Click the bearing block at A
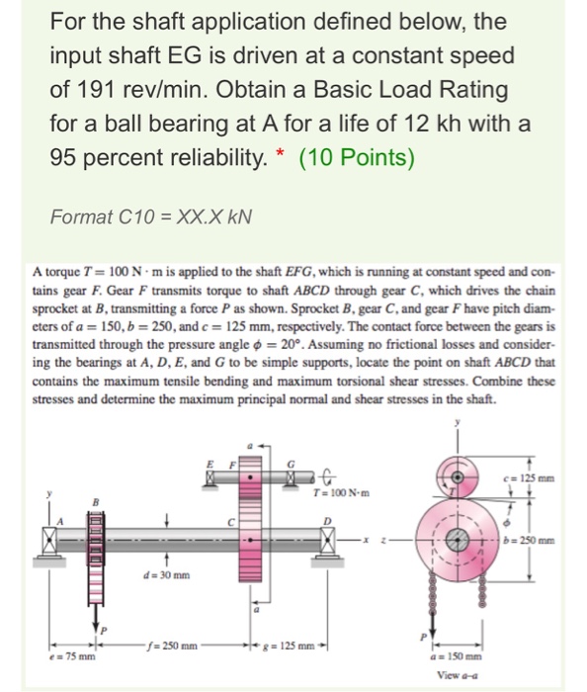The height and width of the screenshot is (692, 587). (x=49, y=541)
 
